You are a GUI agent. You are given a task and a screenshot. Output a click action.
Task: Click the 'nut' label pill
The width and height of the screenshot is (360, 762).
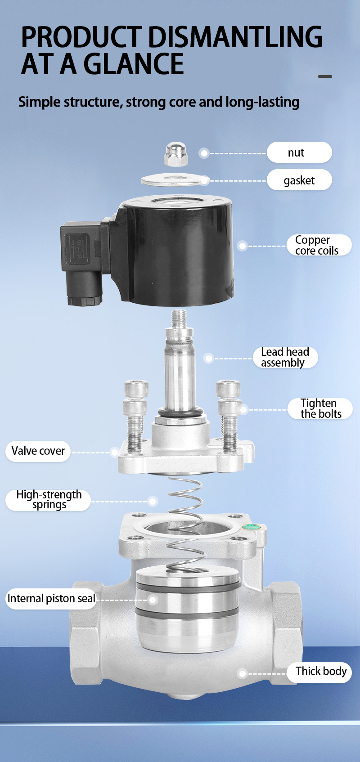pyautogui.click(x=299, y=152)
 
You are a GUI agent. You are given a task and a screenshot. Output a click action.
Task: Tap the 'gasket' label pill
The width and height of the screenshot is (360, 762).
pyautogui.click(x=299, y=180)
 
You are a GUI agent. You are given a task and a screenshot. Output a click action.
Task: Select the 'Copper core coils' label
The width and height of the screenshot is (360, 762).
pyautogui.click(x=319, y=245)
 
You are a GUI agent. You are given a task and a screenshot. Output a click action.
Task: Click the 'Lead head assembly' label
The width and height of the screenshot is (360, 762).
pyautogui.click(x=285, y=357)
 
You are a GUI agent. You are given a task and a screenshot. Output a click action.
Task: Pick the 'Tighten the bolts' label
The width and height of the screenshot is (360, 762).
pyautogui.click(x=320, y=408)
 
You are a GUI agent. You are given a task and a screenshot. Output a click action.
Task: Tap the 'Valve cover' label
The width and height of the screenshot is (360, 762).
pyautogui.click(x=38, y=451)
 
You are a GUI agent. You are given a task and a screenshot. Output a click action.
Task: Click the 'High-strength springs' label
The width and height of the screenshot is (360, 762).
pyautogui.click(x=48, y=500)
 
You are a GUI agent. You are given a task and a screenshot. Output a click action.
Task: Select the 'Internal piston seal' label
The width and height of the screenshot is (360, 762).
pyautogui.click(x=51, y=598)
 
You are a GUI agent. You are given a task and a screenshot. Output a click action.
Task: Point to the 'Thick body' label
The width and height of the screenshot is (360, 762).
pyautogui.click(x=319, y=672)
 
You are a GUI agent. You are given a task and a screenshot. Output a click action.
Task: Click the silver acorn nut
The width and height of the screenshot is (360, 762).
pyautogui.click(x=175, y=154)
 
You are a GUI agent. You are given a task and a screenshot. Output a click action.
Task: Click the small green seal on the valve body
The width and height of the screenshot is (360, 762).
pyautogui.click(x=251, y=527)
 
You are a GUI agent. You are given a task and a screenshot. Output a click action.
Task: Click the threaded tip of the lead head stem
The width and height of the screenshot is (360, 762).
pyautogui.click(x=179, y=318)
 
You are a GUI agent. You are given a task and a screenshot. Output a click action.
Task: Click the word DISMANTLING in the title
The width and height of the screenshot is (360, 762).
pyautogui.click(x=235, y=37)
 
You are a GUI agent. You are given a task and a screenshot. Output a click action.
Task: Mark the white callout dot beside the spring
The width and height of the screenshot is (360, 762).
pyautogui.click(x=153, y=501)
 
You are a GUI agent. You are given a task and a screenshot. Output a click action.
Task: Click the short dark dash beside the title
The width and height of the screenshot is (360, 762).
pyautogui.click(x=325, y=76)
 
